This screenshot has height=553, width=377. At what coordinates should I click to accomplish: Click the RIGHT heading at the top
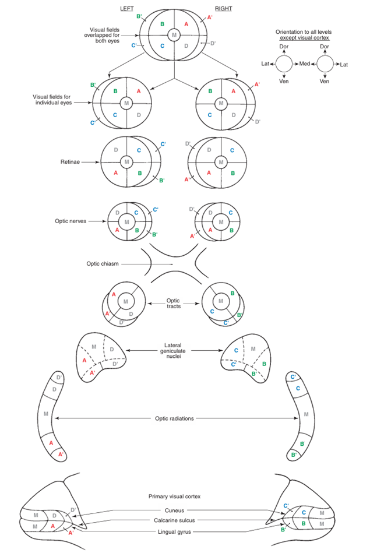(223, 9)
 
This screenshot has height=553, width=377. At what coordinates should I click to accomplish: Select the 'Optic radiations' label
(174, 418)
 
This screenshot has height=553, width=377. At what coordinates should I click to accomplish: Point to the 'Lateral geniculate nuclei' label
(174, 350)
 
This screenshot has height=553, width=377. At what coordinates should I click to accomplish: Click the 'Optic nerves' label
(75, 222)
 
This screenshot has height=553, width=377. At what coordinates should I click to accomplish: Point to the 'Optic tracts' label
(174, 303)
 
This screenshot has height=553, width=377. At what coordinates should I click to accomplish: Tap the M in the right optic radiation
(306, 415)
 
